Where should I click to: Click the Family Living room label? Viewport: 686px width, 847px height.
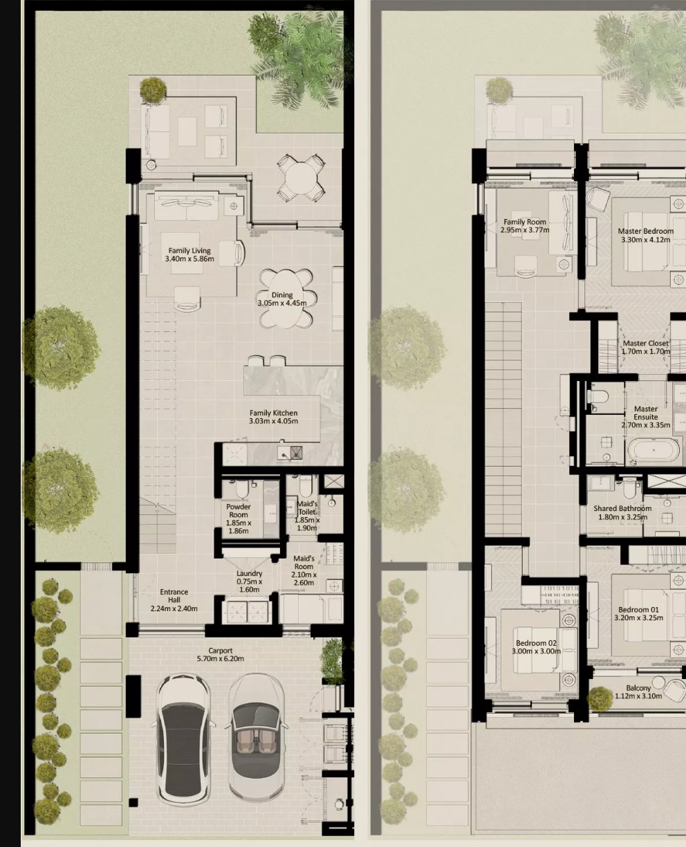(189, 255)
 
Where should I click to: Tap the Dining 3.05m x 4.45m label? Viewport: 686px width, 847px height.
(282, 299)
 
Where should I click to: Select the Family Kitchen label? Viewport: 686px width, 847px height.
(274, 417)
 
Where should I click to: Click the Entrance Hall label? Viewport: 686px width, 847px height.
(174, 600)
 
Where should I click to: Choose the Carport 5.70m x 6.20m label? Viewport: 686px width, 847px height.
(221, 655)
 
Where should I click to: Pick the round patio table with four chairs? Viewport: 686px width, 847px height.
(301, 178)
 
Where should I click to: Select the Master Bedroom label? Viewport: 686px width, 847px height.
(646, 235)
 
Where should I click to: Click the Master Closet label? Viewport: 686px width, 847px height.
(646, 347)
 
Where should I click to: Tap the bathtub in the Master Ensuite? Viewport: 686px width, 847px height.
(653, 451)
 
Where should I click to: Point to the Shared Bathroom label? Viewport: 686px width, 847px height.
(623, 512)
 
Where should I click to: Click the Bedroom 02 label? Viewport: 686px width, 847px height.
(536, 647)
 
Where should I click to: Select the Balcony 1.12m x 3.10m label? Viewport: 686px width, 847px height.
(639, 692)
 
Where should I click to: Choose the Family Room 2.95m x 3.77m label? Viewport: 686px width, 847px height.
(525, 226)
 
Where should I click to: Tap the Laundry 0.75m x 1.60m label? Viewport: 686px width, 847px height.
(250, 581)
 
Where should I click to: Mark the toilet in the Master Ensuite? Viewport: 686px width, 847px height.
(598, 396)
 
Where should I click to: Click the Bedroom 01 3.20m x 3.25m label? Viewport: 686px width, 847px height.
(639, 613)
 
